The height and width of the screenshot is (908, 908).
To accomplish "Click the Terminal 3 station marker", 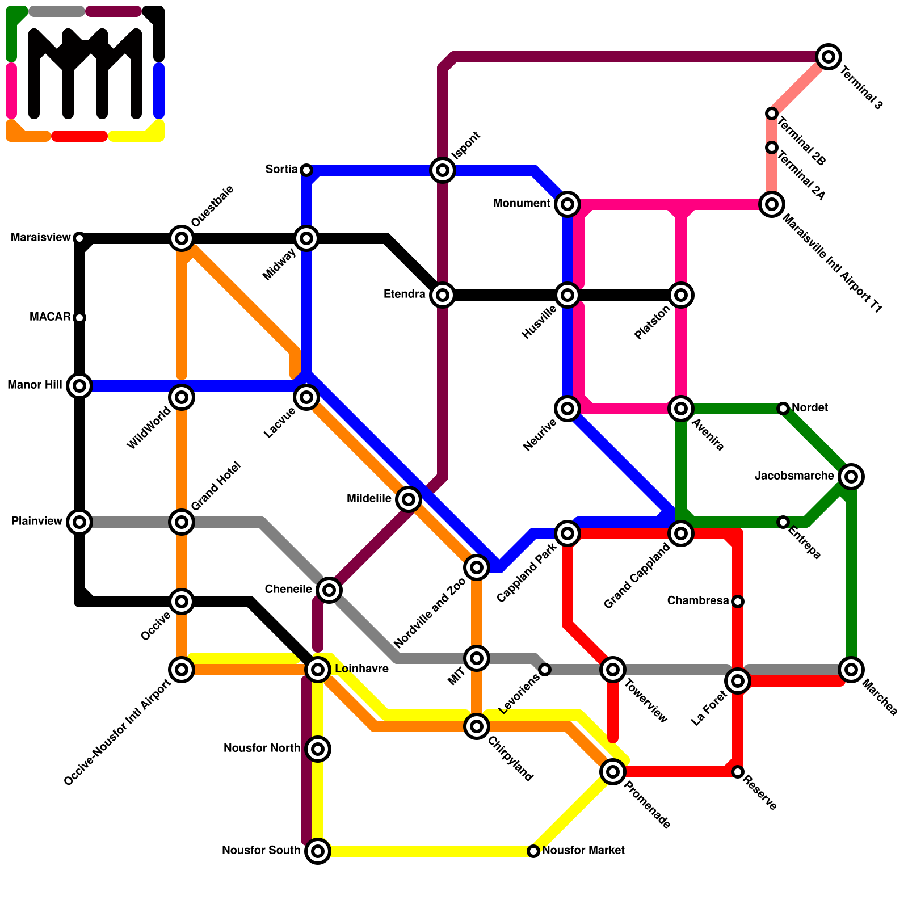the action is (829, 57).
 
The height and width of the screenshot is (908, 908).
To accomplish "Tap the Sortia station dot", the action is (306, 170).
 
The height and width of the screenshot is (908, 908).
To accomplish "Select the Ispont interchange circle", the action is (443, 170).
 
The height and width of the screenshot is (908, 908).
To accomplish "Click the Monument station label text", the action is (522, 204).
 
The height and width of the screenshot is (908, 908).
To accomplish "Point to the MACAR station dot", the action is (79, 318).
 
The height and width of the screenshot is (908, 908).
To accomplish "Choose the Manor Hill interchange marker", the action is (79, 386).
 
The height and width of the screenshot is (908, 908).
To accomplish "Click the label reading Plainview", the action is (37, 522).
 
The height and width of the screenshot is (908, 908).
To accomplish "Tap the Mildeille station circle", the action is (409, 499).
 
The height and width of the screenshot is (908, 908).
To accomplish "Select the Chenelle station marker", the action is (329, 590).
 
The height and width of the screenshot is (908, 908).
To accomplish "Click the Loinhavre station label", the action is (361, 669).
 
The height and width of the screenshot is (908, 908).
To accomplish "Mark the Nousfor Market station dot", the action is (533, 851).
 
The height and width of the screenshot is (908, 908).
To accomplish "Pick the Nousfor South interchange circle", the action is (318, 851).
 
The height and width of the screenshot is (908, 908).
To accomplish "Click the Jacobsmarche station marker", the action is (851, 477).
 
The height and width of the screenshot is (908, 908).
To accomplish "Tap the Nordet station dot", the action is (783, 409).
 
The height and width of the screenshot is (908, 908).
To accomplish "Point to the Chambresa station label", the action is (698, 601).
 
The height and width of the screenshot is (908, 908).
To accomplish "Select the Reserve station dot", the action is (738, 772).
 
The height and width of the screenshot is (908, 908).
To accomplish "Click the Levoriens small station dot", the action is (545, 670).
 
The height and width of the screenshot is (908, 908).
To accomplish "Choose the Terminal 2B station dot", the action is (772, 113).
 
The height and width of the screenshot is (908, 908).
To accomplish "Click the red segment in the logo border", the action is (79, 136).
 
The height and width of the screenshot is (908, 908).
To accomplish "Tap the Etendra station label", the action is (405, 295).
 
